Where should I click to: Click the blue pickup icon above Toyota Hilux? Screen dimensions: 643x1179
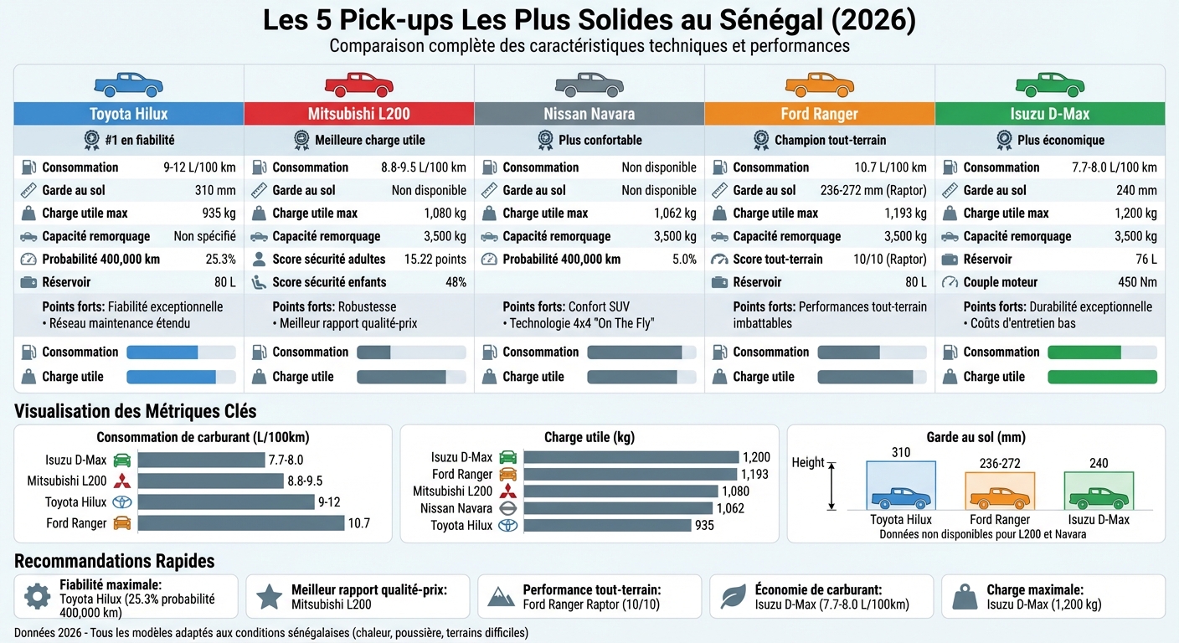(128, 85)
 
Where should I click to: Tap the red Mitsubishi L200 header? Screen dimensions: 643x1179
(358, 114)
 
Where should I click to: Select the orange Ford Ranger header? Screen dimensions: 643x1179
(819, 114)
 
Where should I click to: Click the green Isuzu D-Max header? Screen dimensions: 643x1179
(1049, 114)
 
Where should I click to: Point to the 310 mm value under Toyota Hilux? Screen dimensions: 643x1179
(215, 190)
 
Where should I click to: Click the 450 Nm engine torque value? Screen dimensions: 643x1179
(1137, 282)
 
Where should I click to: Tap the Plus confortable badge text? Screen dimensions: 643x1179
(600, 140)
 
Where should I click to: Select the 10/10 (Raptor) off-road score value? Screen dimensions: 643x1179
(889, 259)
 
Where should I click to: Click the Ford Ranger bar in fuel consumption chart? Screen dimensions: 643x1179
(241, 523)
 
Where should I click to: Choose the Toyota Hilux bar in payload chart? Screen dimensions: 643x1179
(607, 526)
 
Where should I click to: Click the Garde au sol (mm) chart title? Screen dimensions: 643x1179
(976, 437)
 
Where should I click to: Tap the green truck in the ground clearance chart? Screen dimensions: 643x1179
(1099, 498)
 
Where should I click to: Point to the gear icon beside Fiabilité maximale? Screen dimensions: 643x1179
(38, 596)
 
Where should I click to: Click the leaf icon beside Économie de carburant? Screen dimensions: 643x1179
(734, 596)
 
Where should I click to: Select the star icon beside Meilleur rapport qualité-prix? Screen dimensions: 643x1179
(269, 596)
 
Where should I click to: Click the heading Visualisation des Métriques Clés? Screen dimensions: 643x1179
(136, 411)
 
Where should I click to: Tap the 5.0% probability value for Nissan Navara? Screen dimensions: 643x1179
(683, 259)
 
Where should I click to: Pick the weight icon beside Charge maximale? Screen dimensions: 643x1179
(965, 596)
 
